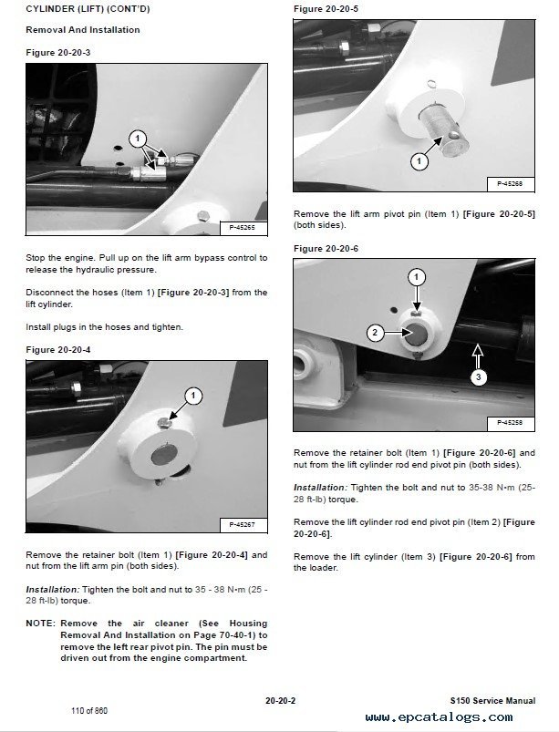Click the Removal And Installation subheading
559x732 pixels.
pyautogui.click(x=83, y=30)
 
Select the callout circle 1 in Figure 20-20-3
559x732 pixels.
pyautogui.click(x=137, y=139)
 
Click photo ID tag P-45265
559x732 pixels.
pyautogui.click(x=242, y=224)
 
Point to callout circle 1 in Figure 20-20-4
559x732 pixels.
pyautogui.click(x=192, y=396)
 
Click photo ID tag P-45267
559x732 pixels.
pyautogui.click(x=242, y=524)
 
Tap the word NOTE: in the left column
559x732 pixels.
pyautogui.click(x=40, y=624)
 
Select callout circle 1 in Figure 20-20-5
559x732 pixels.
pyautogui.click(x=419, y=161)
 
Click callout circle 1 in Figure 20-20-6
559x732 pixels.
pyautogui.click(x=416, y=276)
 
